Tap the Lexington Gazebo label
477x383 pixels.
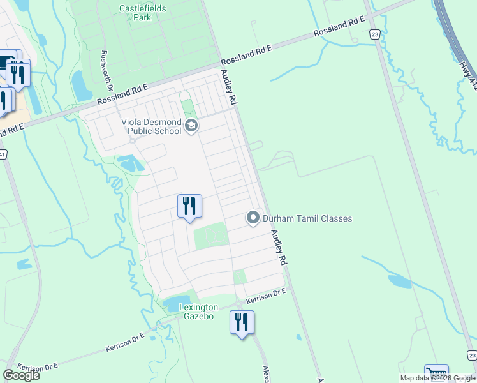pos(194,312)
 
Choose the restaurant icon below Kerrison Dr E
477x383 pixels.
pos(242,322)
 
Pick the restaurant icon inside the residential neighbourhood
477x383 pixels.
pos(189,206)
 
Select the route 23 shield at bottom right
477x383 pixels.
pos(471,356)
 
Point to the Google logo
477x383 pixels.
pos(21,375)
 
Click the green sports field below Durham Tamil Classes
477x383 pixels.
pos(210,236)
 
